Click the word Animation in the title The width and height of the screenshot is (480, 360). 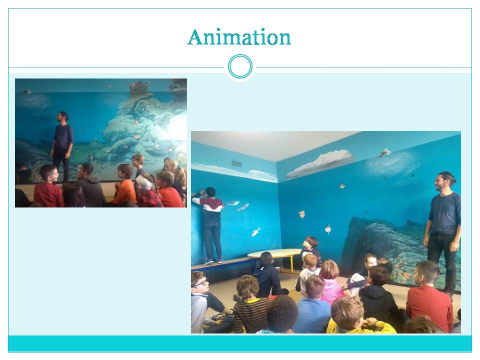coord(239,37)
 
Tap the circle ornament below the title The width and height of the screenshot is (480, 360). coord(240,66)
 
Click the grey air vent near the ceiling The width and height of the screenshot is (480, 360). coord(236,163)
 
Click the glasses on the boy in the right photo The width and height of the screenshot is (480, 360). coord(201,283)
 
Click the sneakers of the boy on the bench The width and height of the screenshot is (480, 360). coord(214,261)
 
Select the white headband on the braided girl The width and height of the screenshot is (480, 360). coord(144,183)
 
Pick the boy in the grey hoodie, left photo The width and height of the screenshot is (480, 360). coord(90,186)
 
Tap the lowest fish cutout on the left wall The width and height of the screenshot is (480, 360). coord(256,231)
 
